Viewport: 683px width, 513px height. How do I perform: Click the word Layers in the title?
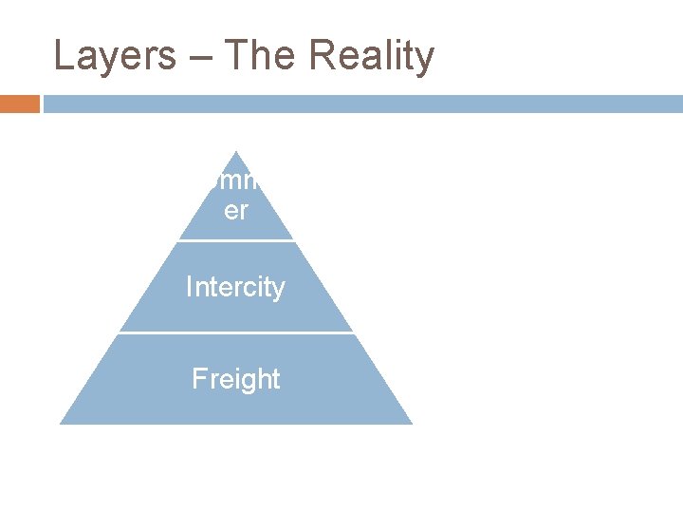(114, 56)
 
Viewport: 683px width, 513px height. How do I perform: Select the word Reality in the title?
(371, 56)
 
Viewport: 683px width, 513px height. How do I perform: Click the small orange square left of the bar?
(20, 104)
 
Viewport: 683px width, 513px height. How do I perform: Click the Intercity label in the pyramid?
(235, 287)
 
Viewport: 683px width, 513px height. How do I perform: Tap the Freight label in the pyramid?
(235, 379)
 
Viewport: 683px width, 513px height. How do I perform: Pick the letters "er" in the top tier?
(235, 211)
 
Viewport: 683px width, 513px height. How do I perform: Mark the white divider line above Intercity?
(236, 240)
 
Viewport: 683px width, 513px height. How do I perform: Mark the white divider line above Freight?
(236, 332)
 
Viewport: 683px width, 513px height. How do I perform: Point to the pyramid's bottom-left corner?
(62, 423)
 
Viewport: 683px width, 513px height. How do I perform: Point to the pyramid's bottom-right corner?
(411, 423)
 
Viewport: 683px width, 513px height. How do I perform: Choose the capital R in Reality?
(320, 56)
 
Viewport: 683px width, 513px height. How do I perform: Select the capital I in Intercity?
(189, 287)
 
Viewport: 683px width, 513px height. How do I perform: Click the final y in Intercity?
(278, 290)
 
